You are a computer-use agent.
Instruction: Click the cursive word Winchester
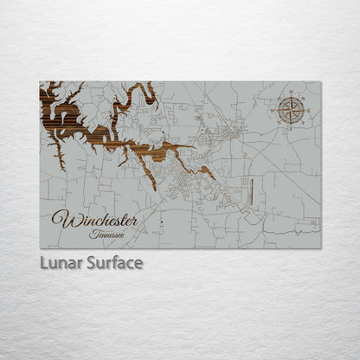(x=94, y=218)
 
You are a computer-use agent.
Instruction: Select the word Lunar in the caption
(x=61, y=262)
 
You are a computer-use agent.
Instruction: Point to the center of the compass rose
(x=292, y=110)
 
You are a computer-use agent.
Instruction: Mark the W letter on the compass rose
(x=278, y=110)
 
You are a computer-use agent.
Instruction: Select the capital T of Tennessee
(x=92, y=233)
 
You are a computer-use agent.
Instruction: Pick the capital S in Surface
(x=91, y=262)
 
